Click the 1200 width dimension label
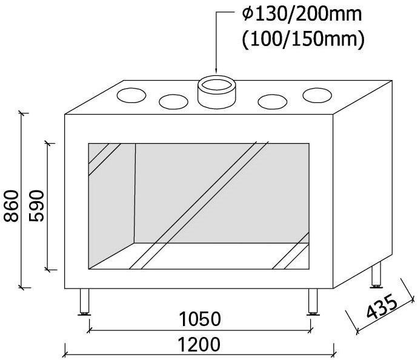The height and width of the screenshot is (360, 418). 199,344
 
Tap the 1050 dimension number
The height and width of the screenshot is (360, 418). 200,319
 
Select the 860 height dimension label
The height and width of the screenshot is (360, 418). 11,206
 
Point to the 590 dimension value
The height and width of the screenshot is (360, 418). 36,205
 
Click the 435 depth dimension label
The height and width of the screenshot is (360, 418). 382,307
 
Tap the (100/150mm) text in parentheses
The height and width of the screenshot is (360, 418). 302,39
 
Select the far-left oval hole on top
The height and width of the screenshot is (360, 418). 131,95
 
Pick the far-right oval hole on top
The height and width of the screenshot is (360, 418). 317,95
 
